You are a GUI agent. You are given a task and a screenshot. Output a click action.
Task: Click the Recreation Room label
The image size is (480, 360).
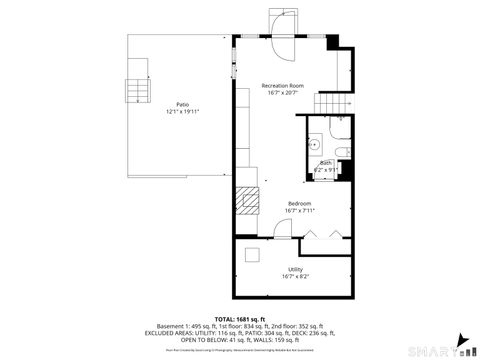(x=283, y=86)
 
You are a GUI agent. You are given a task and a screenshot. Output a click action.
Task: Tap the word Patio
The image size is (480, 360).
(x=183, y=104)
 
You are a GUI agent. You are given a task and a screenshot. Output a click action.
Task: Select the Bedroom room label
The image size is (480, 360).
(x=300, y=203)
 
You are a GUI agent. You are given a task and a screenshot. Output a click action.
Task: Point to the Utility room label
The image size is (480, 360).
(x=296, y=270)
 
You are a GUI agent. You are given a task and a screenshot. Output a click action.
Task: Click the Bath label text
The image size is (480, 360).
(x=326, y=164)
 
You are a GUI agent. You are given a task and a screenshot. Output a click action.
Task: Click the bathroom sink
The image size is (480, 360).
(x=313, y=141)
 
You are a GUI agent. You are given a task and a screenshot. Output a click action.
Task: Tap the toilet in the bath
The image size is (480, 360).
(x=342, y=151)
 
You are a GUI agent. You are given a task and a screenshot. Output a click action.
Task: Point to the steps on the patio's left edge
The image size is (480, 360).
(x=133, y=92)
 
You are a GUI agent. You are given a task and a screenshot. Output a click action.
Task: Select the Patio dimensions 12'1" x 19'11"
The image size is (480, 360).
(x=183, y=112)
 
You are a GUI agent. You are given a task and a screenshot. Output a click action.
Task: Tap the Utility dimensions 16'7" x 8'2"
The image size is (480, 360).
(x=296, y=277)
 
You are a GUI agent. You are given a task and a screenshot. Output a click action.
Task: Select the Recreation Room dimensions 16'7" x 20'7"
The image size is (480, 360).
(x=283, y=93)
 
